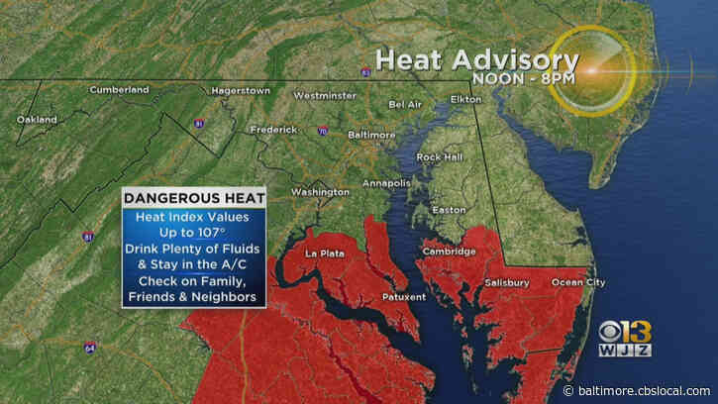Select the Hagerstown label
(242, 90)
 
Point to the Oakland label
(37, 120)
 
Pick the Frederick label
(274, 129)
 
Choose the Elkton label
(465, 100)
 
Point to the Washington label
(320, 191)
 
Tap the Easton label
(449, 209)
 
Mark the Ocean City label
(578, 282)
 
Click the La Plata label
(324, 253)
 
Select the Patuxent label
(403, 296)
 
